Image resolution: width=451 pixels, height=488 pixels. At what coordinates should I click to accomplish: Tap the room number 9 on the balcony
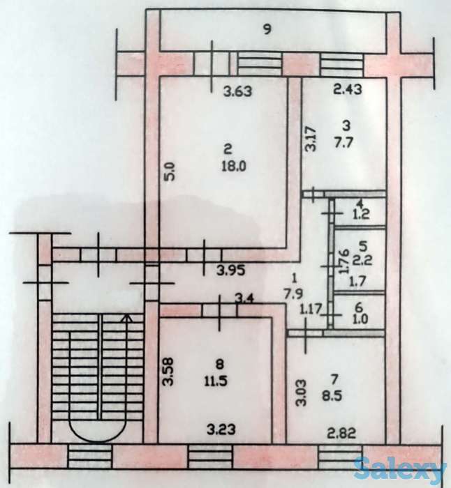(266, 29)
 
